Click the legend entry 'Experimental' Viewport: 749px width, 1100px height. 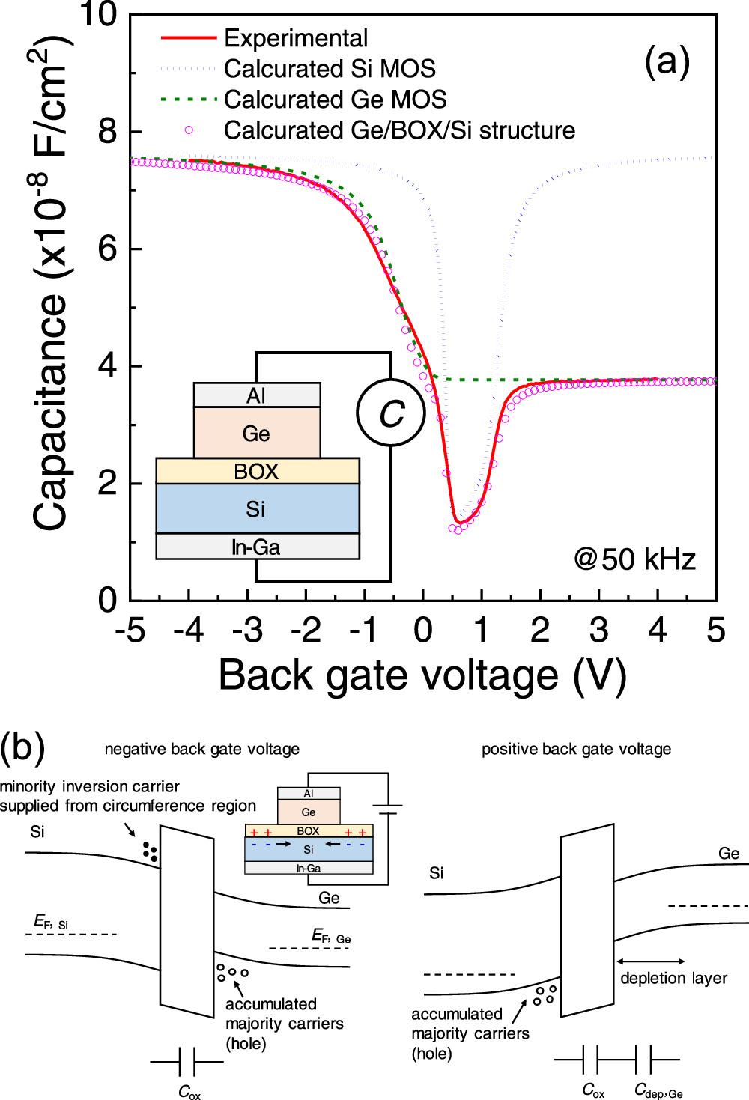tap(296, 38)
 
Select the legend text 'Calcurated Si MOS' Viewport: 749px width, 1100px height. tap(330, 69)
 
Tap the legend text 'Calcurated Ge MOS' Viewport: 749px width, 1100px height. tap(335, 100)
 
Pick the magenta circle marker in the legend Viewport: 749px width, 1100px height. tap(189, 130)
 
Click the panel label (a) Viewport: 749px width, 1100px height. tap(667, 61)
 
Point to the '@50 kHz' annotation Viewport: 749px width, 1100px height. tap(634, 559)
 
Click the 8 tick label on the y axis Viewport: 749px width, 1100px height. tap(108, 132)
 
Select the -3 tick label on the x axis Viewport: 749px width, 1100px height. tap(246, 630)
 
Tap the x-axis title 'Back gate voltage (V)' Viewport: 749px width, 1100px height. tap(422, 675)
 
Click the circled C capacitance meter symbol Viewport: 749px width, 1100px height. tap(391, 413)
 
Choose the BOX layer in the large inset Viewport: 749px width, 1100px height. tap(257, 471)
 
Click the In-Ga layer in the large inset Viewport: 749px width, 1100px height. tap(257, 547)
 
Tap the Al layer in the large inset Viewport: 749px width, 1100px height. tap(257, 395)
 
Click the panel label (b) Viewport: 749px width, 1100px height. tap(22, 747)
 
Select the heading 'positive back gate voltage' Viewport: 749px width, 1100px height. tap(576, 749)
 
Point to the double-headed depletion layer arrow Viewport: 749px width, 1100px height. tap(650, 961)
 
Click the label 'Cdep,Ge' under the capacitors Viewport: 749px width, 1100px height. tap(658, 1090)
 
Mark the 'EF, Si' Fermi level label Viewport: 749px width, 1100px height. tap(50, 922)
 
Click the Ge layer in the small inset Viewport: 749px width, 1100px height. tap(309, 812)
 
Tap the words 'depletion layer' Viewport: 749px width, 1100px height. tap(673, 978)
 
